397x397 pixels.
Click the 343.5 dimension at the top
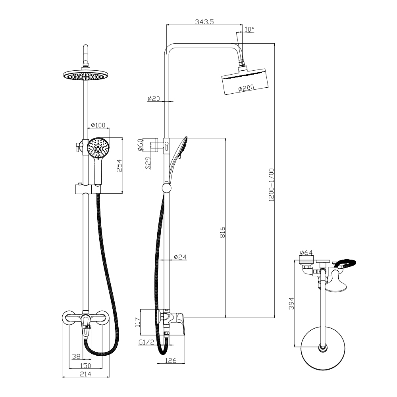204,22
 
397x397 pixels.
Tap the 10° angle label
249,29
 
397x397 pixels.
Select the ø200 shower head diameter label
246,89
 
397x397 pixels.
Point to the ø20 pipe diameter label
153,98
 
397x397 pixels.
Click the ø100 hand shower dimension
98,125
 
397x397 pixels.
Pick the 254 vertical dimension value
118,166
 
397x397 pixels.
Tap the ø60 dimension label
140,145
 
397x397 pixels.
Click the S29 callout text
148,163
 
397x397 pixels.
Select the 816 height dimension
223,232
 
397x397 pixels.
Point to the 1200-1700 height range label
272,185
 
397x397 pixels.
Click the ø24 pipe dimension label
180,257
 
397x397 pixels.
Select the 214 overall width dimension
85,374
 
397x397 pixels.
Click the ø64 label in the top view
306,252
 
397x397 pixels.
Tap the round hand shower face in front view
98,148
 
